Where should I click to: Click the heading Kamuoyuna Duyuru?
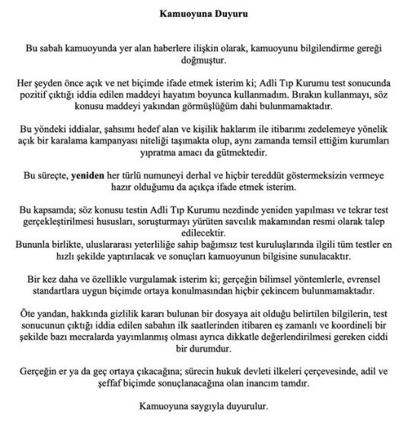coord(209,13)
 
